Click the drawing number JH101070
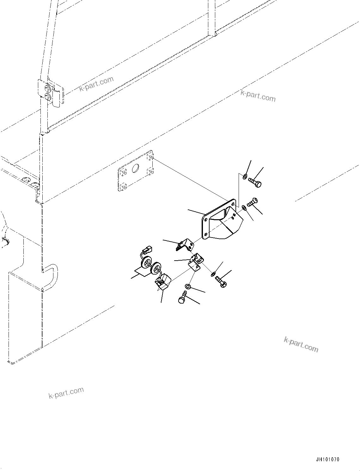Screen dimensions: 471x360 point(327,460)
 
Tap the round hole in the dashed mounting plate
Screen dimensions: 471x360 point(136,168)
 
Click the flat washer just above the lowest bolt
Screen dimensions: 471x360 point(188,287)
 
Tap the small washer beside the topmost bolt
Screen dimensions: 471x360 point(245,176)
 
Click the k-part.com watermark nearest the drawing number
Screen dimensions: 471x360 point(301,344)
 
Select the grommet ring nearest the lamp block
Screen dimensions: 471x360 point(156,268)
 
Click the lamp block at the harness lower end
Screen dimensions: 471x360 point(162,282)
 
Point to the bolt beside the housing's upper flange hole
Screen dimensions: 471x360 point(252,202)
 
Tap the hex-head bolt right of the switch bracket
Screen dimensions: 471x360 point(221,281)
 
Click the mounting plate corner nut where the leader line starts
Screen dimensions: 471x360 point(151,157)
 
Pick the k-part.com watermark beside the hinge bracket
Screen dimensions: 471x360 point(96,83)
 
